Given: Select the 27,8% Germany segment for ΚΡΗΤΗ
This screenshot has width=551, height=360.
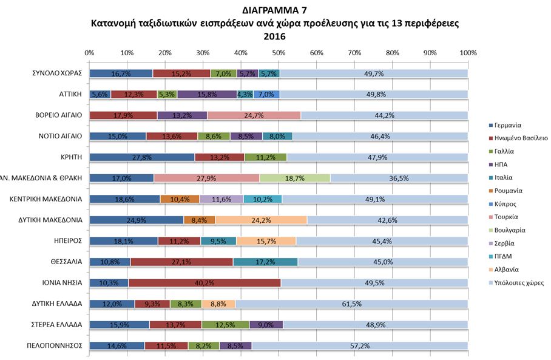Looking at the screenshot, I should (x=142, y=157).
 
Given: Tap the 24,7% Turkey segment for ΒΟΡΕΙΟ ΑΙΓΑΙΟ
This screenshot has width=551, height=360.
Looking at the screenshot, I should (x=254, y=115).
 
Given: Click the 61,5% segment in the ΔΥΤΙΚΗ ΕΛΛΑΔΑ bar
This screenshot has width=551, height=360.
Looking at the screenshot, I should (x=351, y=304).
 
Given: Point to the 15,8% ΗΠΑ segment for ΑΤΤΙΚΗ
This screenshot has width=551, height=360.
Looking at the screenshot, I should (x=207, y=95).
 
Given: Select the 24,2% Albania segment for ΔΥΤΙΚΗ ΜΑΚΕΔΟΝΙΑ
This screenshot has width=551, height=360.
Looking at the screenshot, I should (x=261, y=220).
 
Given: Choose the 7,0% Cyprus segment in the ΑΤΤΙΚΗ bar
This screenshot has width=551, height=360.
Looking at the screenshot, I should (x=266, y=95).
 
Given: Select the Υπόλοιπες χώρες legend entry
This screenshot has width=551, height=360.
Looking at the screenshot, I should (x=519, y=282).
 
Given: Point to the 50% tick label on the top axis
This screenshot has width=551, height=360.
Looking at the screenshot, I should (x=279, y=53).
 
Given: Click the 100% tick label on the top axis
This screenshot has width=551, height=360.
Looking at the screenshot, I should (x=468, y=53).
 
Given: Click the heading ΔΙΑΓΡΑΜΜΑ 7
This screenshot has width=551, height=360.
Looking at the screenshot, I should (x=275, y=10).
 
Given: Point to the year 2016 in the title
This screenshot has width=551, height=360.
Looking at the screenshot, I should (x=275, y=36).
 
